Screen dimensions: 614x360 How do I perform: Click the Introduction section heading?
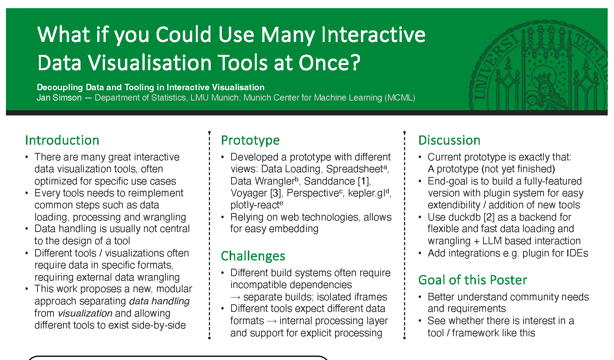(x=62, y=140)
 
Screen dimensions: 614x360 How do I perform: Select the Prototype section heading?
(x=250, y=140)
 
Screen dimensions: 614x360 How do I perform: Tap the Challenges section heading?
(x=253, y=256)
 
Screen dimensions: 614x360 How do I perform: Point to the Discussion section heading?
(x=449, y=140)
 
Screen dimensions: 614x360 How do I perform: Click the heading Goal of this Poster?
(x=473, y=280)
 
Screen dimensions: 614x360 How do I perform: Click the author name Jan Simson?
(x=59, y=98)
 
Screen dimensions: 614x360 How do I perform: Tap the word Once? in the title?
(x=329, y=63)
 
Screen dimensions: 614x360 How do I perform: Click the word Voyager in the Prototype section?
(x=249, y=193)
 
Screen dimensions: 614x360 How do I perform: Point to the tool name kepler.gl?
(x=367, y=193)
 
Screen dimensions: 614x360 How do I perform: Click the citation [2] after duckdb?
(x=489, y=217)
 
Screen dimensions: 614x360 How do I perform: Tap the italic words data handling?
(x=159, y=301)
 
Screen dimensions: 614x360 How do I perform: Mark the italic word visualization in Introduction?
(x=85, y=313)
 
